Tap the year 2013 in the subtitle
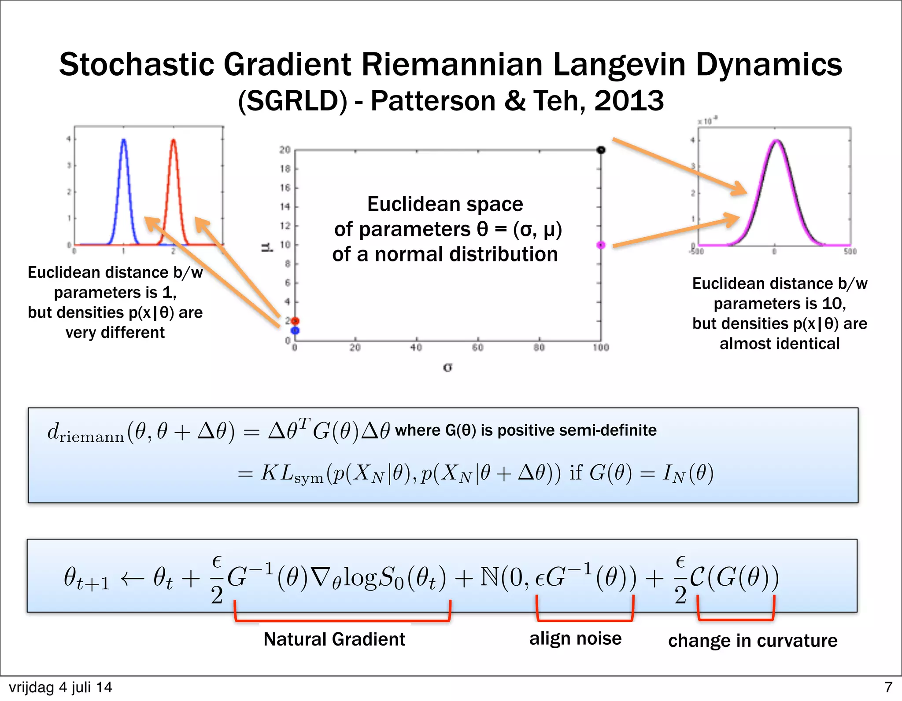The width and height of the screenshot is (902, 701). (x=629, y=101)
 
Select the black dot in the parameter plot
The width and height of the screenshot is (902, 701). (x=601, y=150)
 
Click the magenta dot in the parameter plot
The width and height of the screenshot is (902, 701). (x=601, y=245)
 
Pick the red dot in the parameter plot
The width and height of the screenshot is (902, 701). (x=295, y=321)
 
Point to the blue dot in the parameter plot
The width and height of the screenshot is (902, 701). (x=295, y=330)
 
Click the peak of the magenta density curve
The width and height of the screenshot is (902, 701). (x=776, y=141)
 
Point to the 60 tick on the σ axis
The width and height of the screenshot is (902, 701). (x=478, y=348)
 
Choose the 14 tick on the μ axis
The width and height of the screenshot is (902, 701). (x=285, y=207)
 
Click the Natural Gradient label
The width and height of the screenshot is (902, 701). (x=334, y=639)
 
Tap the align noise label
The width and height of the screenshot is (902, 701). (x=575, y=638)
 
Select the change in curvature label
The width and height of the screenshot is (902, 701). (x=753, y=641)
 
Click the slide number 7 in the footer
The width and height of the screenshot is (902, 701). (x=888, y=687)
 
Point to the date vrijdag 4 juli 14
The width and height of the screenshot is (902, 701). (x=60, y=687)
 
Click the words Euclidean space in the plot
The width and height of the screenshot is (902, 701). (x=445, y=204)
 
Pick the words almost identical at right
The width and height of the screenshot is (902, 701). (x=780, y=343)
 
